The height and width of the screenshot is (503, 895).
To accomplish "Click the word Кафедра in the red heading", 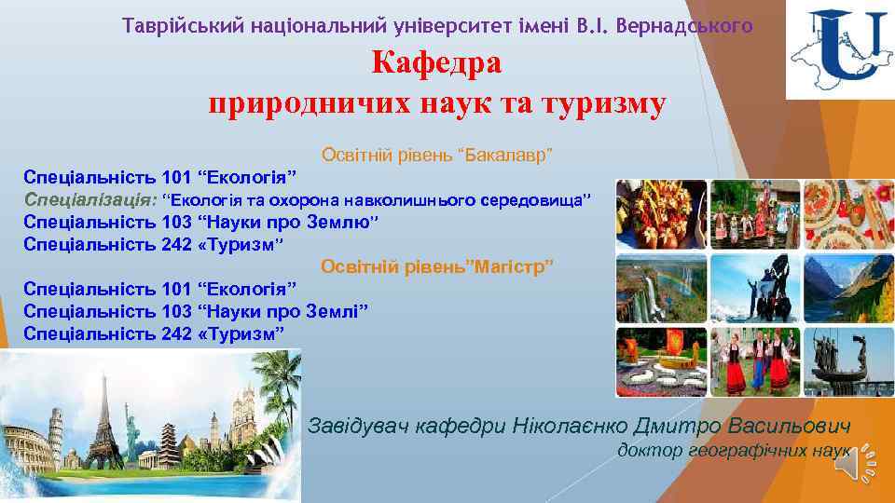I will click(436, 63).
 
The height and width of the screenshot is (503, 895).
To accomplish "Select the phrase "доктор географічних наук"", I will click(734, 451).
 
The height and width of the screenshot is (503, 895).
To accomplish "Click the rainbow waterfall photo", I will click(661, 287).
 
